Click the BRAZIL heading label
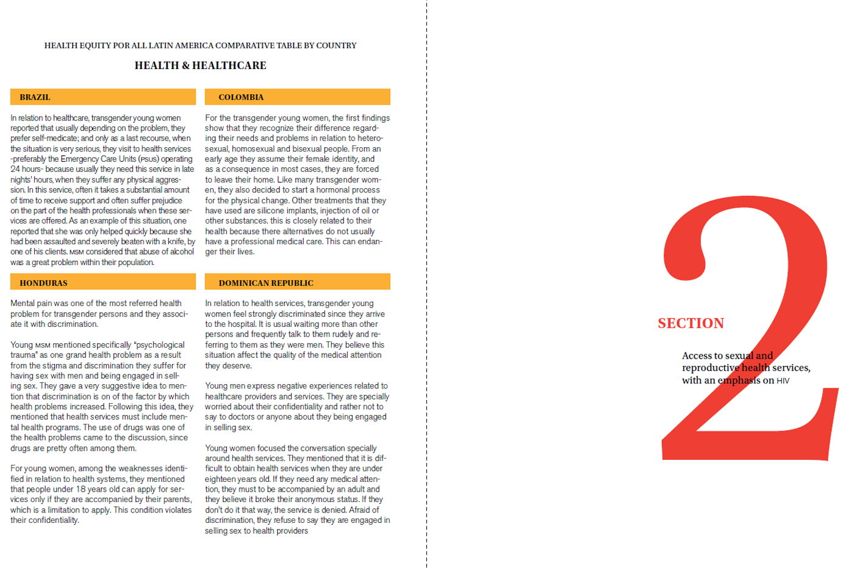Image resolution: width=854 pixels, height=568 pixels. [35, 97]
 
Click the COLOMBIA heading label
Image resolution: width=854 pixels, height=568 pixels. [241, 97]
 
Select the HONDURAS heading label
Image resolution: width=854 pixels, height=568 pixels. [43, 283]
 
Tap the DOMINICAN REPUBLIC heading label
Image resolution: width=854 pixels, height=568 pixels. [266, 283]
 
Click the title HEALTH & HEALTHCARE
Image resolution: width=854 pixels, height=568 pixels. [200, 65]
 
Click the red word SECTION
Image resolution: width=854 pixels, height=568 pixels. [691, 323]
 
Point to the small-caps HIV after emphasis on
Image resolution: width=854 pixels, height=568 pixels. [783, 380]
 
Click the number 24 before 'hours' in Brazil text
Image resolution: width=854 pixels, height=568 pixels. [15, 169]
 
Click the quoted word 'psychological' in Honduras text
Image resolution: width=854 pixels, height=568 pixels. [159, 345]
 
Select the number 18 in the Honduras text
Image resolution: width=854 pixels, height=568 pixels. [81, 489]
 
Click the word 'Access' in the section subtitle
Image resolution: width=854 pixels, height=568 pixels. [697, 355]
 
